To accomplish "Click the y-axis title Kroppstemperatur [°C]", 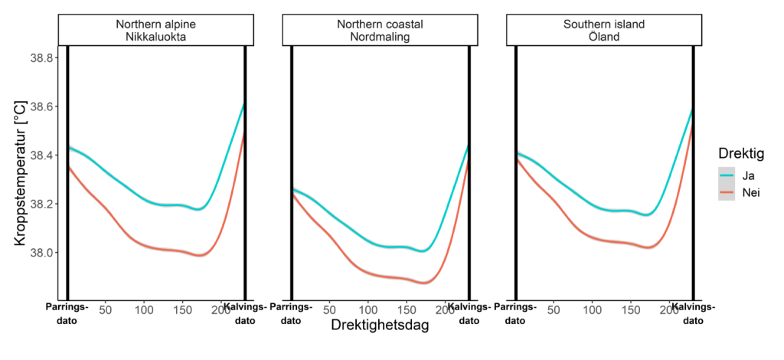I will point(20,175).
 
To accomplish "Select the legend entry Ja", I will point(746,175).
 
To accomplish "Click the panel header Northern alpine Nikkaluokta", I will point(156,30).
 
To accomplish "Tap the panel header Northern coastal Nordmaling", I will point(380,30).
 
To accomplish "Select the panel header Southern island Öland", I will point(603,30).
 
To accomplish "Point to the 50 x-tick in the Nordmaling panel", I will point(330,310).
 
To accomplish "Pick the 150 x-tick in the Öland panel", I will point(631,310).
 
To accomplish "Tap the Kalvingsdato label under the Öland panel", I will point(693,314).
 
